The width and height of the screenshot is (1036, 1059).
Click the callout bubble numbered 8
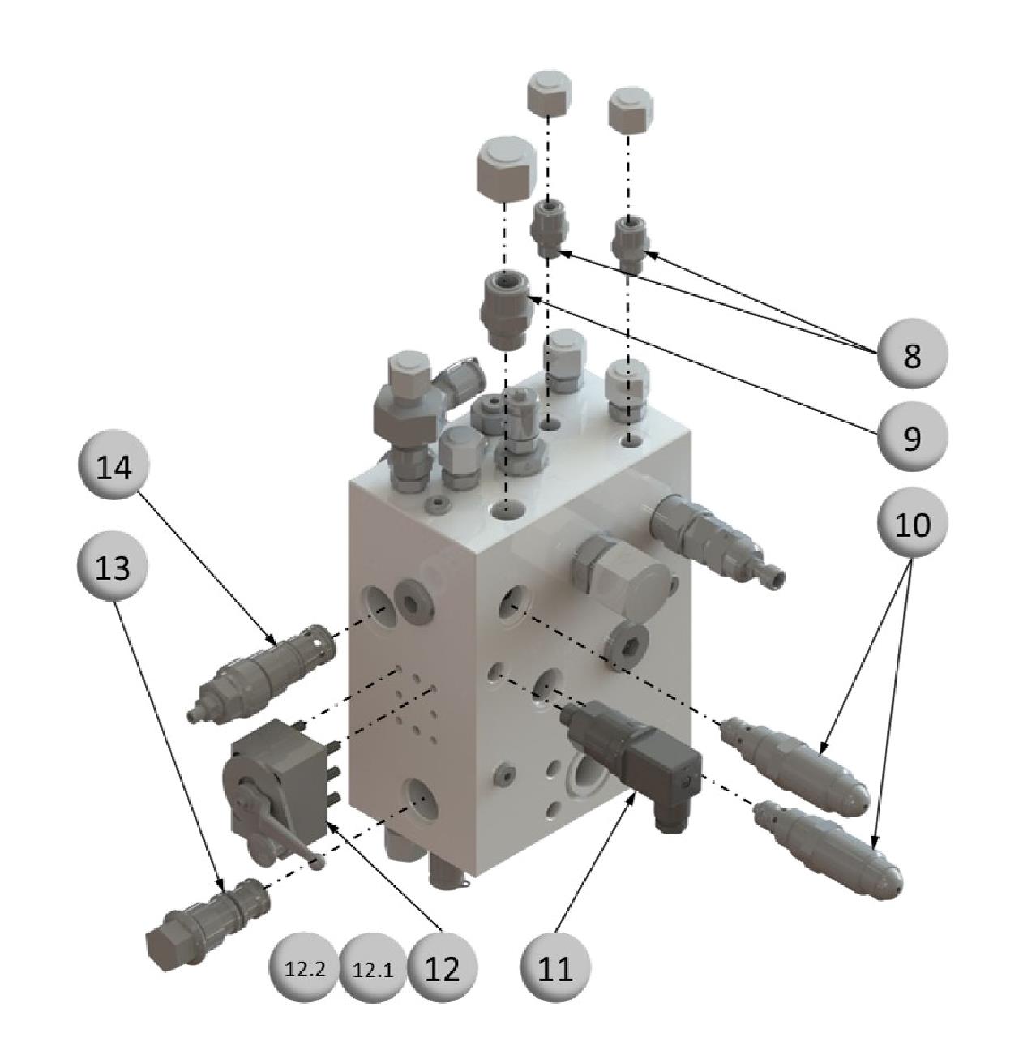pyautogui.click(x=913, y=354)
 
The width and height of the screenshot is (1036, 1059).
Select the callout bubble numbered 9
pyautogui.click(x=913, y=436)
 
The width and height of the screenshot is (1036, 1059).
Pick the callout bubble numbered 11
pyautogui.click(x=555, y=967)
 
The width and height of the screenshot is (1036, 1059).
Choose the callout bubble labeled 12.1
pyautogui.click(x=373, y=968)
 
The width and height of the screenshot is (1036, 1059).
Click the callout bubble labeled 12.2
pyautogui.click(x=304, y=968)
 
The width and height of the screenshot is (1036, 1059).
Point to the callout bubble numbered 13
pyautogui.click(x=113, y=567)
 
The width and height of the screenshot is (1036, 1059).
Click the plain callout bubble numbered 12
pyautogui.click(x=442, y=968)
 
